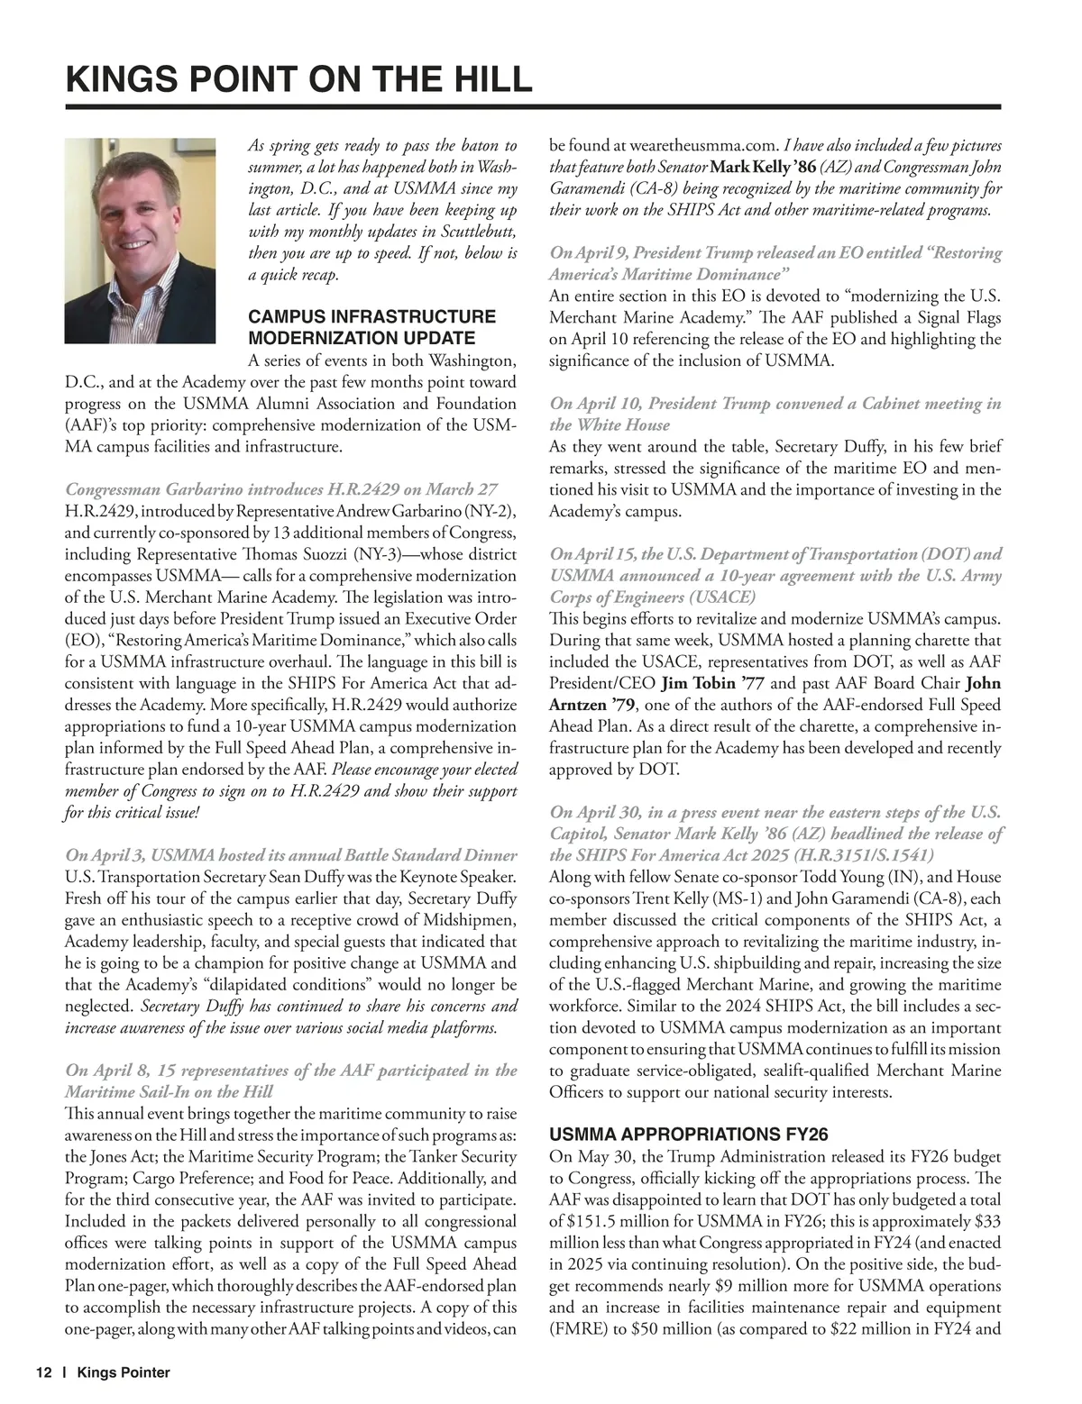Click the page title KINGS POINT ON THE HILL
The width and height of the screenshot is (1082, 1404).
pos(298,79)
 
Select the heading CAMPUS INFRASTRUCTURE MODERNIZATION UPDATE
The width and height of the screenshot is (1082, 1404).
pos(371,327)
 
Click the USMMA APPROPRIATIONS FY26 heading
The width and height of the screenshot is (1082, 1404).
pos(688,1135)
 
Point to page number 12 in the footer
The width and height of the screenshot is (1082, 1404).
pos(44,1372)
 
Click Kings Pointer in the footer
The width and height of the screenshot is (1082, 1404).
pos(124,1372)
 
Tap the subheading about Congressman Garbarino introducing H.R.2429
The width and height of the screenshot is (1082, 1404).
pos(281,489)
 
